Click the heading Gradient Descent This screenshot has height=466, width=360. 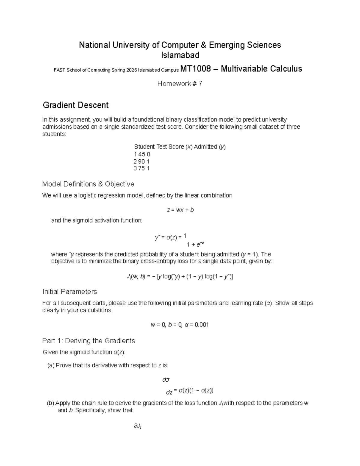(76, 105)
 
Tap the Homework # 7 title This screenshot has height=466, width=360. (180, 84)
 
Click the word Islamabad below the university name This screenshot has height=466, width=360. (180, 56)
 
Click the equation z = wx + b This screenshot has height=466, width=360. (180, 210)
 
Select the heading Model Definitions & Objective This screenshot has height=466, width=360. (88, 184)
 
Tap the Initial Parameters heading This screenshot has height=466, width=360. (70, 292)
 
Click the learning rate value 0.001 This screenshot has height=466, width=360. (202, 325)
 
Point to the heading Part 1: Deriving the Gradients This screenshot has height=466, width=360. (88, 341)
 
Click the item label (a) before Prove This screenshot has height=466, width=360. (51, 365)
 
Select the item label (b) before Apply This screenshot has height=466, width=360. (51, 403)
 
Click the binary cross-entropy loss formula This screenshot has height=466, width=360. (180, 277)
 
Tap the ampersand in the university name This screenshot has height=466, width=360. (203, 45)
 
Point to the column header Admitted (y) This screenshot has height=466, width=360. (210, 147)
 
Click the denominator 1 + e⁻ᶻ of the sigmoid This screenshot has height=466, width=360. (195, 244)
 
